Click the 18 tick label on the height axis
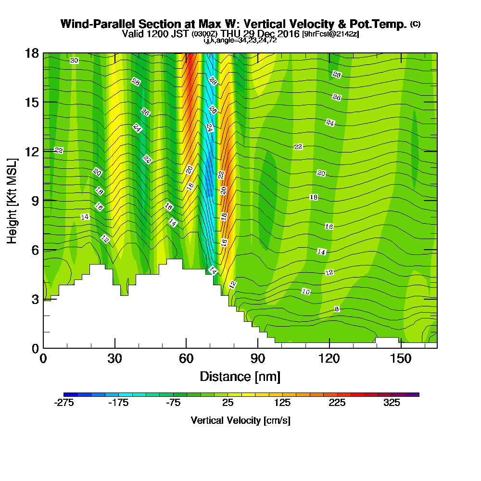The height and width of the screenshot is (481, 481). [x=31, y=53]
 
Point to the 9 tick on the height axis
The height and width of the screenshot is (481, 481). [x=43, y=200]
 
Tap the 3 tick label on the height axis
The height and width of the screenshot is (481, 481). [x=34, y=299]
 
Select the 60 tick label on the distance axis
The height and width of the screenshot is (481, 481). [x=186, y=359]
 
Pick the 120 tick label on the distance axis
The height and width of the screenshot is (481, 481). [x=329, y=359]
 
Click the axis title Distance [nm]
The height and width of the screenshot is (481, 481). [x=240, y=376]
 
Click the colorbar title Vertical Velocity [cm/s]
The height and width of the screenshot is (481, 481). [x=240, y=420]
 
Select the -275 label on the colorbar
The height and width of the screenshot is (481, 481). [x=64, y=403]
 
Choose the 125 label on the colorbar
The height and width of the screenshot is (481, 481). [x=282, y=403]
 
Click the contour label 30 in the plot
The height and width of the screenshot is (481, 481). [x=74, y=61]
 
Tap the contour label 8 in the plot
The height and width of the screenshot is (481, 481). [x=337, y=309]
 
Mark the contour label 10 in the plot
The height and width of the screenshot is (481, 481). [x=306, y=291]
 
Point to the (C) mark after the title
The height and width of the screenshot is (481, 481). [x=415, y=24]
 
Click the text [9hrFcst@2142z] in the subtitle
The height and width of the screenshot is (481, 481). [x=330, y=34]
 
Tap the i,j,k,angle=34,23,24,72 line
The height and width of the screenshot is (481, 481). [x=240, y=40]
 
